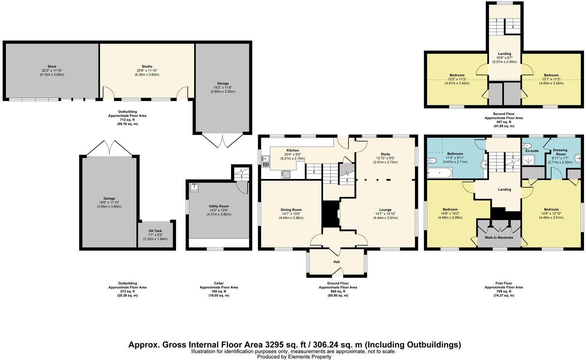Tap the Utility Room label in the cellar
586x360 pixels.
(219, 206)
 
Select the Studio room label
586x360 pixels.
(146, 67)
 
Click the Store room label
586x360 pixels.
(52, 67)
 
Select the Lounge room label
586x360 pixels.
(385, 210)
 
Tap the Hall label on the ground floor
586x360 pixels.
(337, 262)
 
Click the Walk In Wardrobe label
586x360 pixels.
(498, 238)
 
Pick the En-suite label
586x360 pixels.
(531, 151)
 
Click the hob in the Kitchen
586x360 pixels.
(286, 174)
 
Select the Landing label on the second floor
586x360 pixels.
(504, 53)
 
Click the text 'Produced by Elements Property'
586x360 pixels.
(294, 357)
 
